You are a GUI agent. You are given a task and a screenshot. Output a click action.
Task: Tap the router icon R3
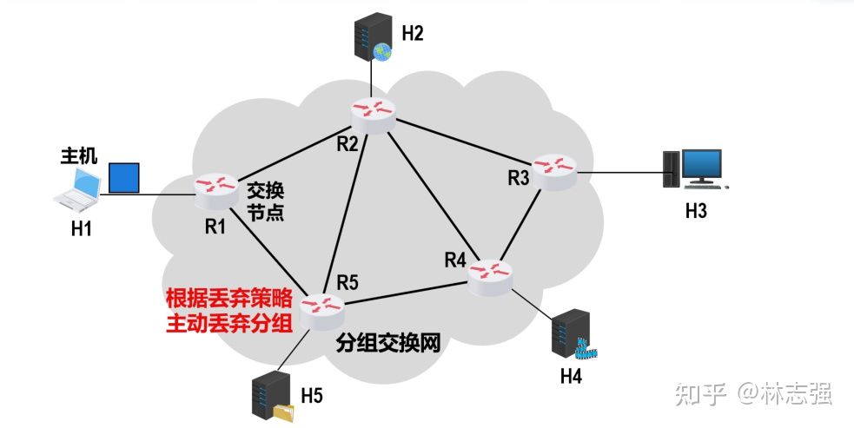[553, 168]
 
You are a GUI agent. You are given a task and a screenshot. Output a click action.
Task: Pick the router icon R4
[492, 276]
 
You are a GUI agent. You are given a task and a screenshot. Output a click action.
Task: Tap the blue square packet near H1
[123, 177]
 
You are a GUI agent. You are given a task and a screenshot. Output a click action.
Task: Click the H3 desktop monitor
[700, 167]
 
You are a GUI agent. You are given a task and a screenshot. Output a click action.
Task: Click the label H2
[412, 34]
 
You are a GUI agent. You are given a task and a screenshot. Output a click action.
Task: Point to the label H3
[695, 211]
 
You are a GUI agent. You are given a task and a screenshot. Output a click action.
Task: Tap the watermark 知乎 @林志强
[754, 395]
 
